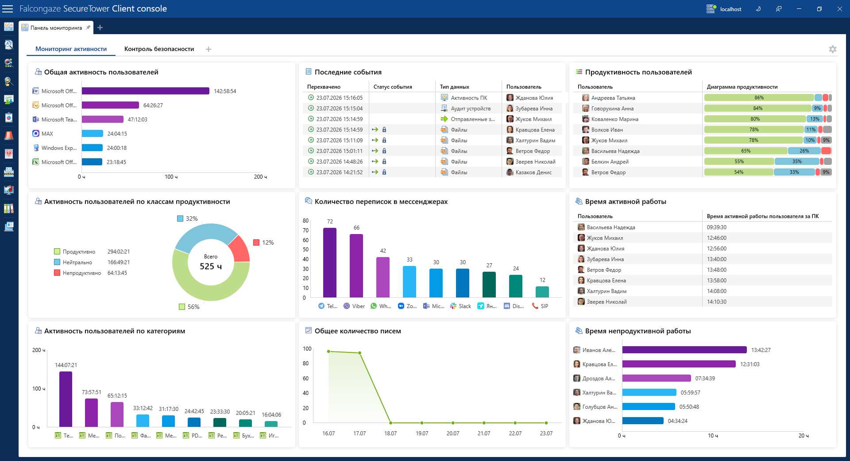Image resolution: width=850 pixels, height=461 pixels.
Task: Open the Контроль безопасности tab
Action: [159, 49]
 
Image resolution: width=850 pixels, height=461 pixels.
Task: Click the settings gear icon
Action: [833, 49]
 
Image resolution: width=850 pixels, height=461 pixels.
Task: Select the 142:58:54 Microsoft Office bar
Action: [145, 91]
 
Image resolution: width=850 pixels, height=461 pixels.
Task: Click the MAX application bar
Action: [93, 133]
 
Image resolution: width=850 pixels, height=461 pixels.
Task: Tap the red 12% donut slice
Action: [240, 249]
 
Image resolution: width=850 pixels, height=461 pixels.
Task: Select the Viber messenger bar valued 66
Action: [356, 266]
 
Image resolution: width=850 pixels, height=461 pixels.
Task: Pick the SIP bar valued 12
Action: [542, 292]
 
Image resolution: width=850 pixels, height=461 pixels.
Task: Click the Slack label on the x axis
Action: [465, 306]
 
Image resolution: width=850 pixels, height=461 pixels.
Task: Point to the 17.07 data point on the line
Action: [359, 353]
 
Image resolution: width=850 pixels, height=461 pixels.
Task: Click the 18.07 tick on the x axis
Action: [390, 434]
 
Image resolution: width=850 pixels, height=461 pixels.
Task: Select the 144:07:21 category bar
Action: [66, 399]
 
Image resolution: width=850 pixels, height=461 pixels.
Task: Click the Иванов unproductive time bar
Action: [684, 350]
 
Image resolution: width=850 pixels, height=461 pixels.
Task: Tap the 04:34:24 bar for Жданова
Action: [643, 421]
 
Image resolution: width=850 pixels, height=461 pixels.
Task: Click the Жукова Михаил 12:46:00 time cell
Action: [717, 238]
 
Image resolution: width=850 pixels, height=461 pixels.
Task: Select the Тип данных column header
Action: [455, 87]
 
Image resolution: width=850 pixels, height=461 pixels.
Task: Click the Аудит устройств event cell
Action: [471, 109]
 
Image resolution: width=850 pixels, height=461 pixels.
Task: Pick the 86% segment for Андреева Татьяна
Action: [759, 98]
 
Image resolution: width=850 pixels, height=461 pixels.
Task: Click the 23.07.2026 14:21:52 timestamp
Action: [340, 172]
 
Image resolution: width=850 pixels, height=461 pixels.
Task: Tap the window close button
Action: [840, 9]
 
